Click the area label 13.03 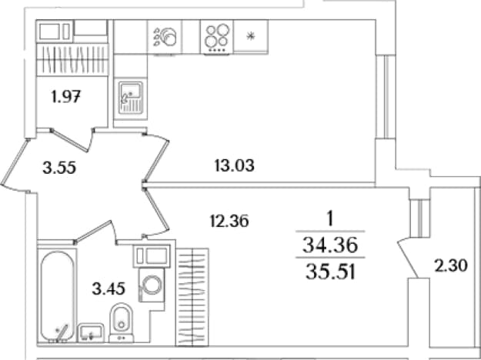click(x=235, y=166)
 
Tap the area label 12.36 click(x=229, y=221)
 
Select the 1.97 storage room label click(x=66, y=98)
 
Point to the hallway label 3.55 click(x=59, y=168)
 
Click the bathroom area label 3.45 click(x=109, y=289)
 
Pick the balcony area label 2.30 click(x=451, y=265)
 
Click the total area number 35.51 click(x=330, y=272)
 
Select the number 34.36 click(x=330, y=245)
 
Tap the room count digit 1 click(x=329, y=219)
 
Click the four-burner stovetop click(x=218, y=37)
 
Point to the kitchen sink click(x=131, y=98)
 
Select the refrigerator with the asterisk click(x=251, y=36)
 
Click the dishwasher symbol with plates click(x=165, y=37)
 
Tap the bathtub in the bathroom click(x=58, y=296)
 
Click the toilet click(x=122, y=322)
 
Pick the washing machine click(x=152, y=285)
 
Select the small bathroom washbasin click(x=91, y=333)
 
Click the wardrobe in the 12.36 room click(x=192, y=297)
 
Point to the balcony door click(x=409, y=258)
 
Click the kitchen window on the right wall click(x=386, y=97)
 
